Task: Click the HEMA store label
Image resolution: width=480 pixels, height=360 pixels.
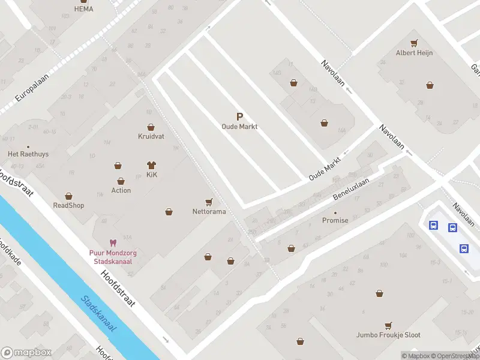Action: [83, 9]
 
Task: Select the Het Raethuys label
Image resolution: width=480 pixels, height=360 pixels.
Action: [28, 154]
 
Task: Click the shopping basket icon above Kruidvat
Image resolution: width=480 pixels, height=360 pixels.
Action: [151, 127]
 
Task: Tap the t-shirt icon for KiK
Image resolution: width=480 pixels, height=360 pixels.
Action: [151, 164]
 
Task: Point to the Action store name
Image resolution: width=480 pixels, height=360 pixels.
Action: [121, 191]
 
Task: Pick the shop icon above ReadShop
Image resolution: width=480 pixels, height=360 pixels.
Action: [68, 196]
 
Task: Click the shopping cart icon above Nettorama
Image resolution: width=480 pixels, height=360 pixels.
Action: [209, 202]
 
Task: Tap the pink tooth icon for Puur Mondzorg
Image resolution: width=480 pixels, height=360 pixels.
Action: [113, 243]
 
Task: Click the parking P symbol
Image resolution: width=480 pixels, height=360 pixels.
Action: [239, 117]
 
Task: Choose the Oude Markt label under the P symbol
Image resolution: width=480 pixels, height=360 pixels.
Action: [239, 127]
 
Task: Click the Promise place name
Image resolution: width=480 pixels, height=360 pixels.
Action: [335, 220]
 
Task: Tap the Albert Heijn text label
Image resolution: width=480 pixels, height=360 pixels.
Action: [414, 53]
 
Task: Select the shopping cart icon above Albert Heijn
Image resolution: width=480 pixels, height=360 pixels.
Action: [414, 43]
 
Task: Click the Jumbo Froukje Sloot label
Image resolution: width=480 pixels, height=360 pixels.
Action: [388, 335]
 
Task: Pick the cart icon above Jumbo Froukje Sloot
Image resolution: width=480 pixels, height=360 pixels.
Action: [389, 326]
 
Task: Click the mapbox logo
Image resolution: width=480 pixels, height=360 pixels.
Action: [26, 352]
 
